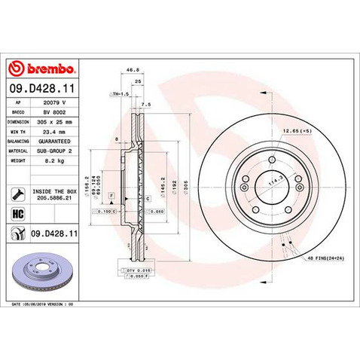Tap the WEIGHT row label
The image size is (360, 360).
coord(19,160)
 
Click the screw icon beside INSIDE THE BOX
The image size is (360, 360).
coord(17,194)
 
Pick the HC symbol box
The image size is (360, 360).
coord(17,214)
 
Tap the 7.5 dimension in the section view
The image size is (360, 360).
coord(146,105)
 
